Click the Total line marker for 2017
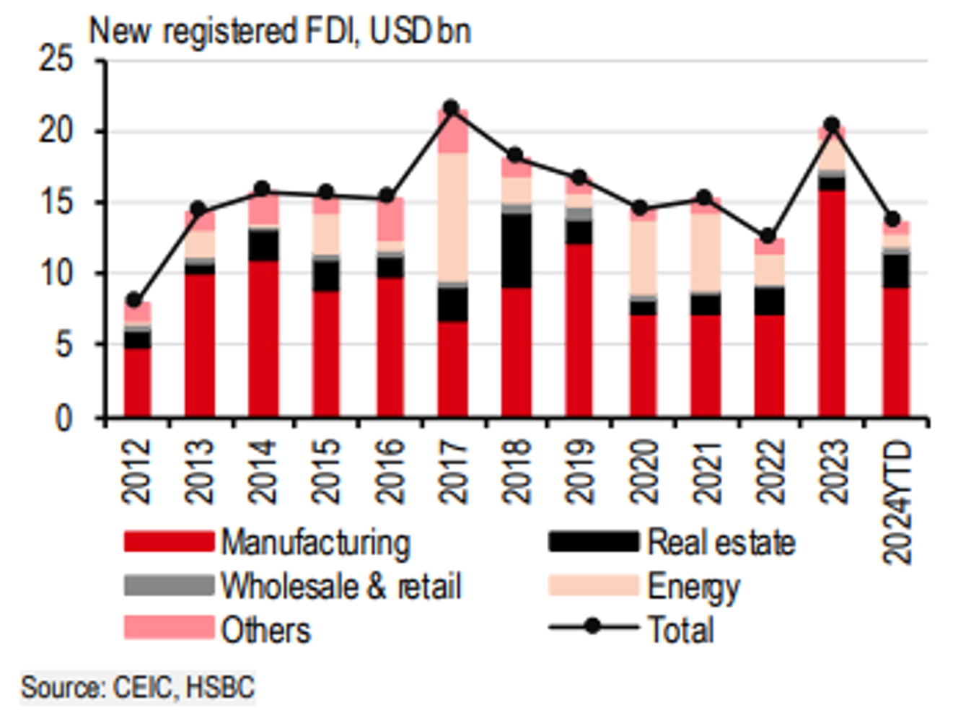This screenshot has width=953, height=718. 452,108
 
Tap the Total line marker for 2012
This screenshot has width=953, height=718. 134,300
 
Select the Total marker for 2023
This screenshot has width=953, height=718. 831,125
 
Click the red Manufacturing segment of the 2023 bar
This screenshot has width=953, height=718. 831,303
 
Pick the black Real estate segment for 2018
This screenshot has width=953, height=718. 516,250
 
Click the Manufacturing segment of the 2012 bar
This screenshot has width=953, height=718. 136,382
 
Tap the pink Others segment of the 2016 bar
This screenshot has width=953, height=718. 390,219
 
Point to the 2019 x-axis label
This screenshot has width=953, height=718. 581,472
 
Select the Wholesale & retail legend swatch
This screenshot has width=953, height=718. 169,585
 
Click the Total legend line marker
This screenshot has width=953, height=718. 593,626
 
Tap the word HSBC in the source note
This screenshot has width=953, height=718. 220,687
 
